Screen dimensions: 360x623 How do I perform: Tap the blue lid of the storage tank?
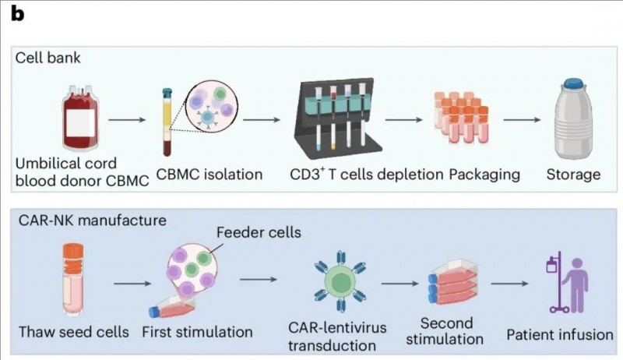coord(575,83)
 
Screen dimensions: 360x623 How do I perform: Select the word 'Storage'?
coord(575,174)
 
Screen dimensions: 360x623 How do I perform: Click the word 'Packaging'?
coord(484,174)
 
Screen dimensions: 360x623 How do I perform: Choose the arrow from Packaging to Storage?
coord(522,120)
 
